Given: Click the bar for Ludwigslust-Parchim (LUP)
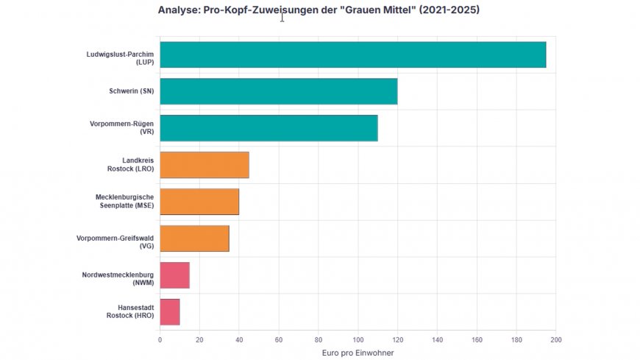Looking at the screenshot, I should (x=352, y=54).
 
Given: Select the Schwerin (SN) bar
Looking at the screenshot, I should (x=278, y=91).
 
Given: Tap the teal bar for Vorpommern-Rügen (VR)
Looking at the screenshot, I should (x=269, y=128).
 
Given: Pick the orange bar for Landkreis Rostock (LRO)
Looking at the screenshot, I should (x=204, y=165).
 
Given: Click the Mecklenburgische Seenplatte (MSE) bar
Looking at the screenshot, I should (x=199, y=202).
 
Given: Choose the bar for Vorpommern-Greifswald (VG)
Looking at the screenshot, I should (x=194, y=239).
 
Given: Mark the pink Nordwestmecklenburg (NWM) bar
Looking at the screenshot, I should (x=174, y=275).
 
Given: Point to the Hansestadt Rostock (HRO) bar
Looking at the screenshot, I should (x=170, y=312).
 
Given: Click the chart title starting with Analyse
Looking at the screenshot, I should (x=319, y=10).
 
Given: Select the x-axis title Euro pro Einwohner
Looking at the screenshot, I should (x=358, y=353).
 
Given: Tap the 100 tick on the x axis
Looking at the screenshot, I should (x=358, y=339).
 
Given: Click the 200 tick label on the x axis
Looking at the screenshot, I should (x=555, y=339).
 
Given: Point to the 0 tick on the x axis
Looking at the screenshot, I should (x=160, y=339).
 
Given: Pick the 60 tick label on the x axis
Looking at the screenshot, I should (x=279, y=339).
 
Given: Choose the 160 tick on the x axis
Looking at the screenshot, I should (x=477, y=339).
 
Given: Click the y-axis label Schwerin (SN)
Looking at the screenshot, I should (x=127, y=91).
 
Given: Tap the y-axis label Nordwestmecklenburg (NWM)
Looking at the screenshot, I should (x=118, y=279).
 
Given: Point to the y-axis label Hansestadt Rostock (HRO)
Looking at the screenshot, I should (x=135, y=311).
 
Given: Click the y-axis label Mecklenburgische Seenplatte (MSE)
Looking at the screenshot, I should (x=124, y=201).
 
